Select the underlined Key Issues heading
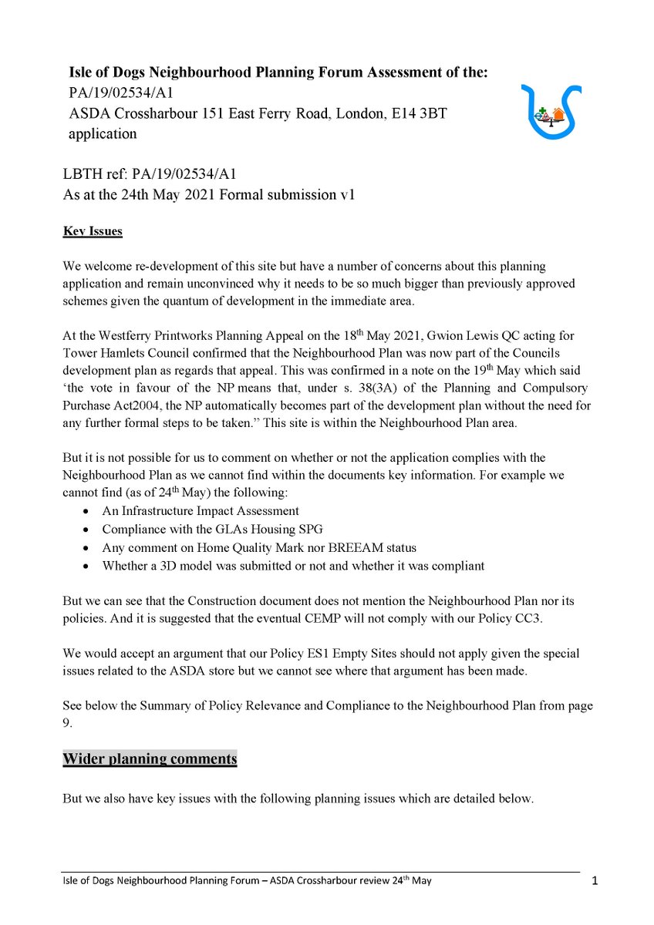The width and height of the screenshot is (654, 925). (x=92, y=231)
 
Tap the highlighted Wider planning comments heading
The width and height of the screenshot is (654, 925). (x=150, y=758)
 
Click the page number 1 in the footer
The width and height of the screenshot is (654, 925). (x=594, y=880)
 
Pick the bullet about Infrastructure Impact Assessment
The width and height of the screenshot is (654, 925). (x=201, y=510)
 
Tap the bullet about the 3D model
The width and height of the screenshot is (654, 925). (x=293, y=566)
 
